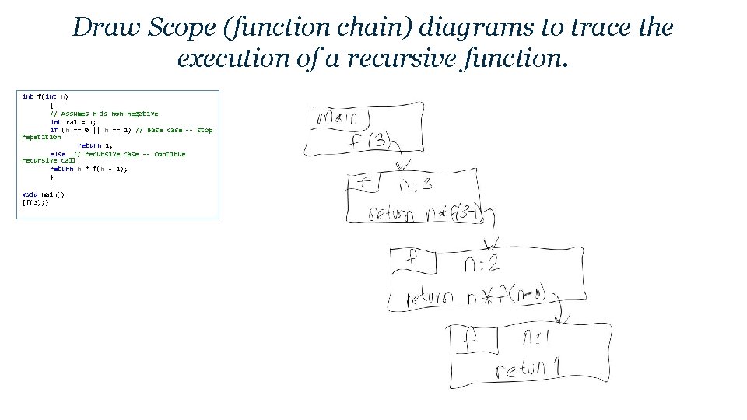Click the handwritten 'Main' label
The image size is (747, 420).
337,119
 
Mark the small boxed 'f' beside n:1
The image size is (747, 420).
470,336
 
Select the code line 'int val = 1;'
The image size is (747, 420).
73,122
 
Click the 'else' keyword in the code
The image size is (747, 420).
58,154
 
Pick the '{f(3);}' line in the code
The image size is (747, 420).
36,202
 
